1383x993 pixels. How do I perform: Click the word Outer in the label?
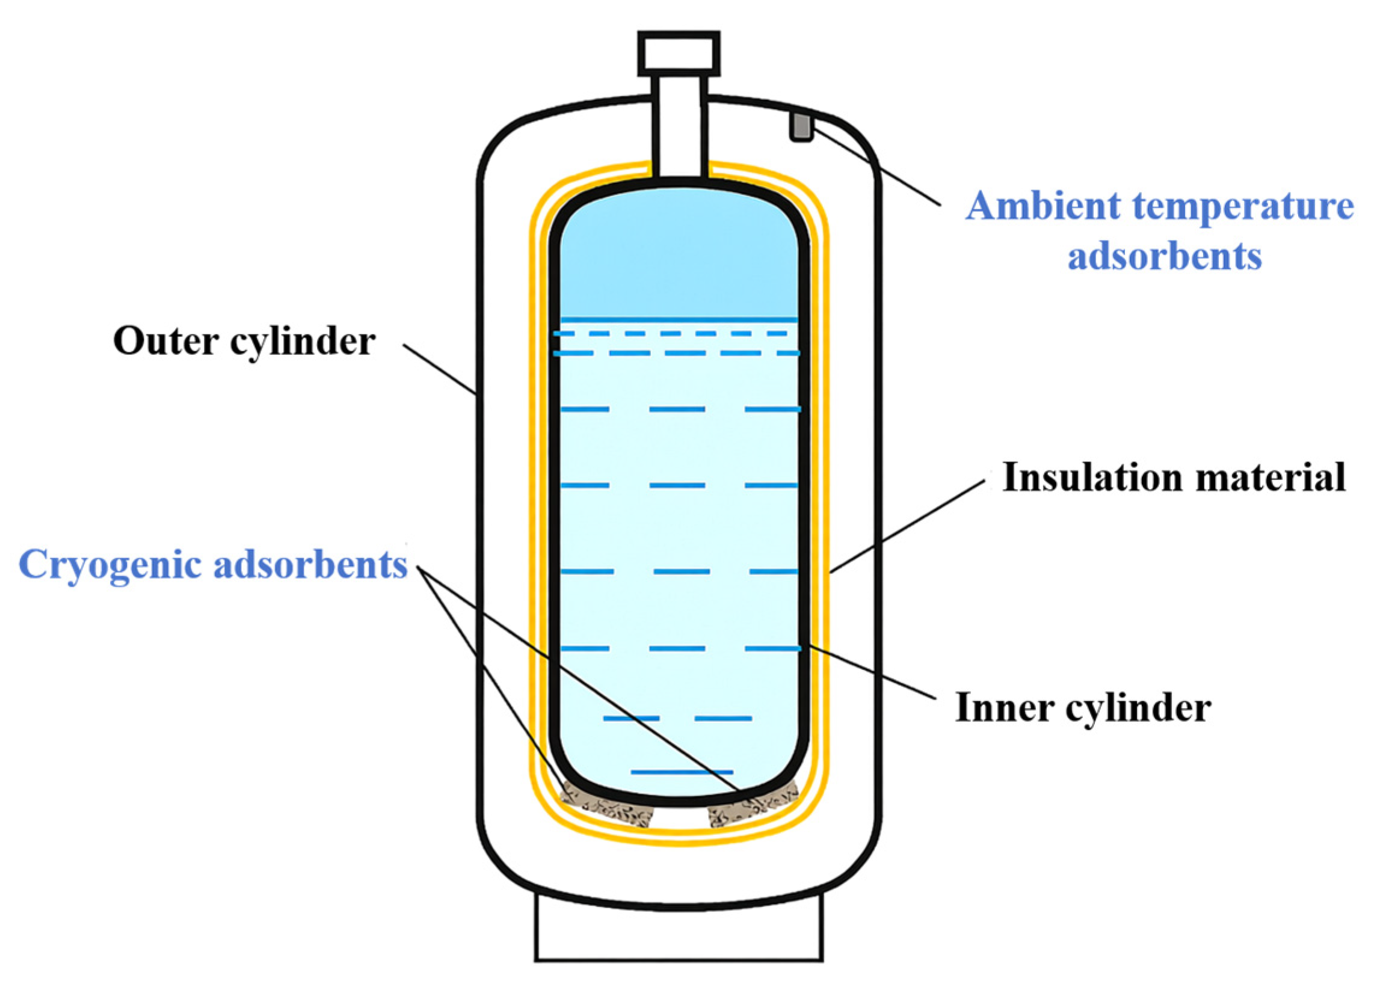pos(165,341)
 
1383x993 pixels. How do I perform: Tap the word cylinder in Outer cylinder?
pos(303,341)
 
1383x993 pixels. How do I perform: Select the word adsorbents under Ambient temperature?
pos(1164,256)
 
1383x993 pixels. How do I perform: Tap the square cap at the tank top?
pos(679,54)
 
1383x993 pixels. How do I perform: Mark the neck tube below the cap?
pos(680,128)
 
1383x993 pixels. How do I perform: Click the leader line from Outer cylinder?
pos(439,369)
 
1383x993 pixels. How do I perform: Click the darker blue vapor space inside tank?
pos(679,256)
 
